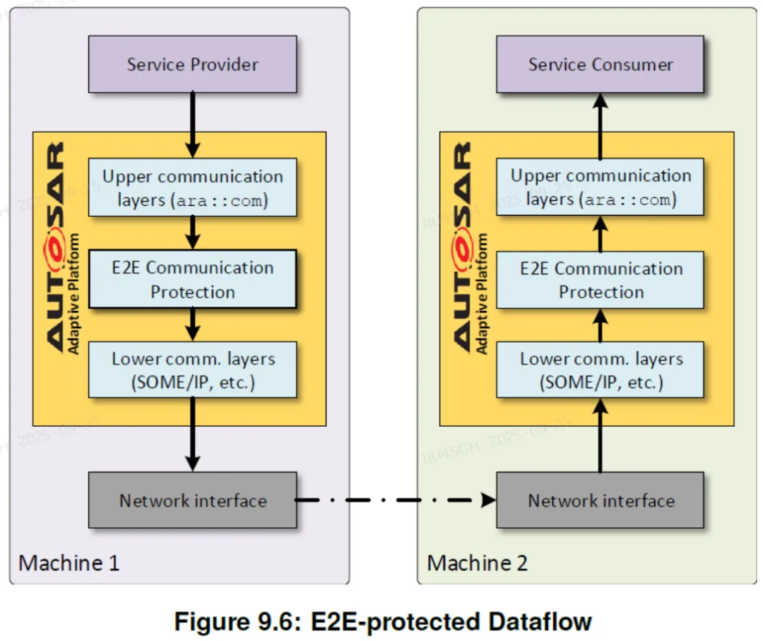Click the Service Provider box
pyautogui.click(x=192, y=64)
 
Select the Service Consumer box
pyautogui.click(x=600, y=64)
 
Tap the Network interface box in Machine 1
pyautogui.click(x=192, y=501)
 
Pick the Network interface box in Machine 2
pyautogui.click(x=600, y=501)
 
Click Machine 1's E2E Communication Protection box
pyautogui.click(x=192, y=279)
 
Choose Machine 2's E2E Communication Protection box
pyautogui.click(x=600, y=280)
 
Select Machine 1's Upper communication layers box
pyautogui.click(x=192, y=187)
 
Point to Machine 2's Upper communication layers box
pyautogui.click(x=600, y=187)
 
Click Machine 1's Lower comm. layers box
pyautogui.click(x=192, y=370)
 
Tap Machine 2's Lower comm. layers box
pyautogui.click(x=600, y=370)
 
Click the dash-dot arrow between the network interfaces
pyautogui.click(x=396, y=500)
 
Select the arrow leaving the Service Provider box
pyautogui.click(x=192, y=124)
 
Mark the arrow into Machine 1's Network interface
pyautogui.click(x=192, y=435)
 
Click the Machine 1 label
pyautogui.click(x=69, y=563)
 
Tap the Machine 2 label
pyautogui.click(x=477, y=563)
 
